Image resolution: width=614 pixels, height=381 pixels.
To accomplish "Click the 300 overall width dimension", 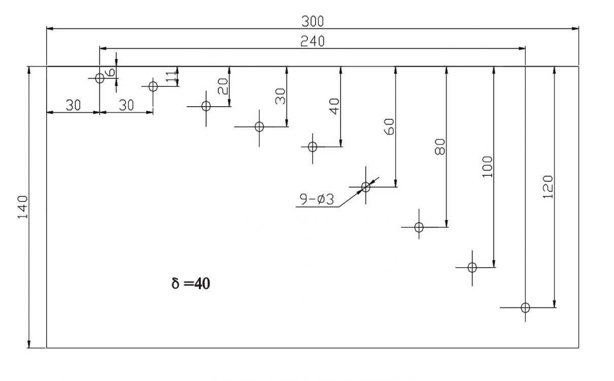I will point(312,21).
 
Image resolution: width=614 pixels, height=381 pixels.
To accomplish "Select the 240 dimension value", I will point(312,41).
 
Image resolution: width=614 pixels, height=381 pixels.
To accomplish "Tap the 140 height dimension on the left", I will point(22,207).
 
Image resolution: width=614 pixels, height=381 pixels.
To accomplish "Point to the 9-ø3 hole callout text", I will point(316,200).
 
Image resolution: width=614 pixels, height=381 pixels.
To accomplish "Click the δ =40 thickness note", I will point(191,283).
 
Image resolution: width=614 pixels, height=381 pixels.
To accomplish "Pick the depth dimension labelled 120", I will point(548,186).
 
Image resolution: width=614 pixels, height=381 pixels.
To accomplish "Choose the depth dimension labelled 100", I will point(487,167).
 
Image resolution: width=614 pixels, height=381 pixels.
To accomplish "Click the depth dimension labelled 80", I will point(440,147).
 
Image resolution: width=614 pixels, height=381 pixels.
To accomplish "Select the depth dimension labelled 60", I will point(390,126).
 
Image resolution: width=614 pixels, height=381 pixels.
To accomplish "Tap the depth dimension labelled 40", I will point(334,107).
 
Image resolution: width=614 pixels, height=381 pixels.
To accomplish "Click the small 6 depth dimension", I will point(111,73).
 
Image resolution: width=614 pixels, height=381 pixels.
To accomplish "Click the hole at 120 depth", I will point(525,307).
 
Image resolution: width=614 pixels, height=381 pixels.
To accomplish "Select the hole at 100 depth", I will point(472,267).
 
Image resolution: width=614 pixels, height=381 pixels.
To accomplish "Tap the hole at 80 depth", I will point(419,227).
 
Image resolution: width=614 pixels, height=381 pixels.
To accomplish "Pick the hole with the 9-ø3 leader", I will point(365,187).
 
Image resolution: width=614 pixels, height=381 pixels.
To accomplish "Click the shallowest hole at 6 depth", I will point(99,78).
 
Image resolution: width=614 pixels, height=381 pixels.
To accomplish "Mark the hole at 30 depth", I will point(259,126).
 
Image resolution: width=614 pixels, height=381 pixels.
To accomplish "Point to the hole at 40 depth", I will point(313,147).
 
